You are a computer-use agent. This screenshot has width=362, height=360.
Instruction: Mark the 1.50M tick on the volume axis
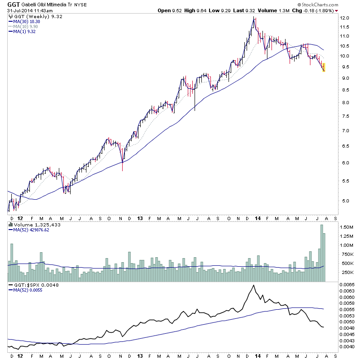pyautogui.click(x=347, y=227)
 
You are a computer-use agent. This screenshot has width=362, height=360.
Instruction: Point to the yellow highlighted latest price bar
pyautogui.click(x=324, y=67)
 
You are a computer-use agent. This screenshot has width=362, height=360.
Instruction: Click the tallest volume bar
pyautogui.click(x=321, y=253)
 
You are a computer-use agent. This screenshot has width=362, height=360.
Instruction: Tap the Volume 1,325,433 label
pyautogui.click(x=34, y=224)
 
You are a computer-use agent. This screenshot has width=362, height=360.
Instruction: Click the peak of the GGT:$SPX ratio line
pyautogui.click(x=253, y=285)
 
